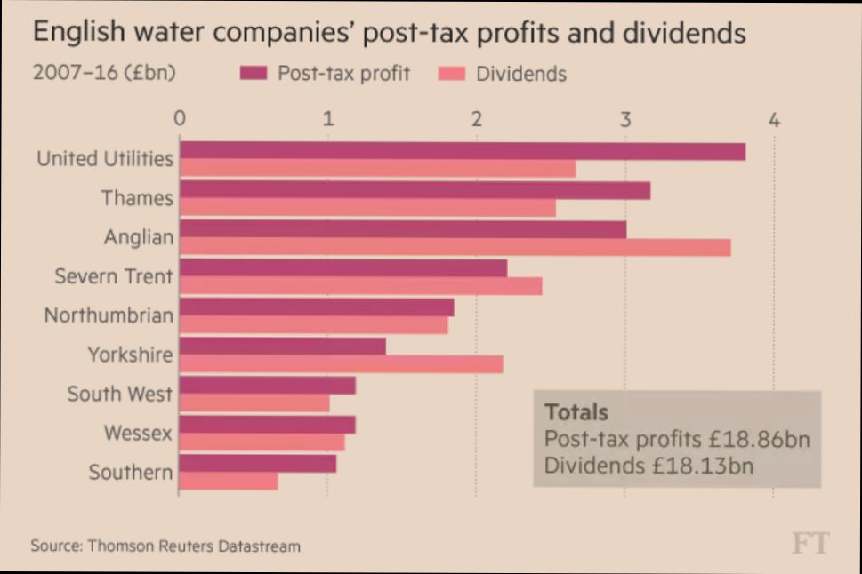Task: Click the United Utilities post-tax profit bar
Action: pos(463,151)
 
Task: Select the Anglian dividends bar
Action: pos(455,247)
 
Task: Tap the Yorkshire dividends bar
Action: pos(342,364)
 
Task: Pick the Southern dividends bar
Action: pos(229,481)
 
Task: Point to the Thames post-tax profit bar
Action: pos(415,190)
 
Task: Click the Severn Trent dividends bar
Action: pos(360,286)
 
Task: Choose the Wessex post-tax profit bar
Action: pos(267,425)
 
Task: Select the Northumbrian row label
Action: pos(109,315)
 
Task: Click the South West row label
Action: pos(119,394)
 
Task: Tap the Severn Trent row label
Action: pos(113,276)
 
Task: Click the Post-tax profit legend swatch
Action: pos(254,74)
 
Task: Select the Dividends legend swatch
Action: pos(453,74)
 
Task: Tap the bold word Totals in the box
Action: pos(576,412)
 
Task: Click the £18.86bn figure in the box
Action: pos(759,439)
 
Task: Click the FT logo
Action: pos(810,543)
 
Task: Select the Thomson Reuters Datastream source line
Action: pos(165,546)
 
